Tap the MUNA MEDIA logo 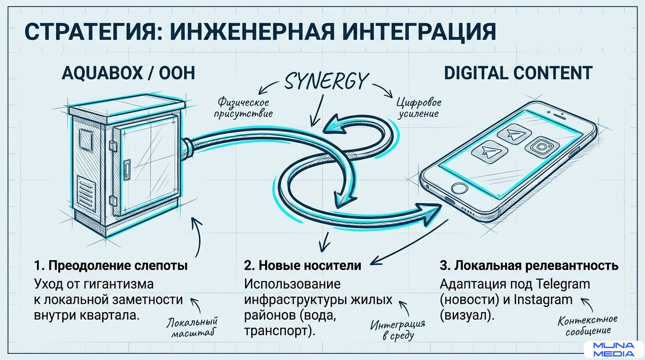tap(614, 349)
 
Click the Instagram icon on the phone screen tap(542, 147)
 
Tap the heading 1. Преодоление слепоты tap(111, 265)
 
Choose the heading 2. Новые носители tap(302, 265)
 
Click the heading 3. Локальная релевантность tap(529, 265)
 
